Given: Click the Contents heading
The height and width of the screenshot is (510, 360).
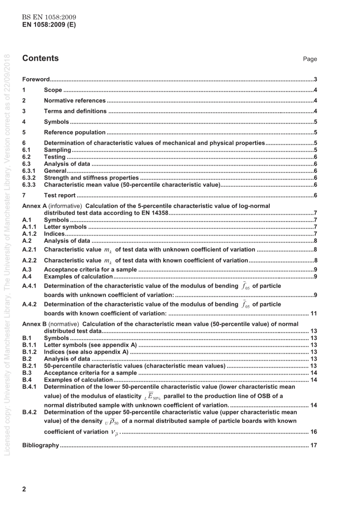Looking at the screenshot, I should (x=41, y=58).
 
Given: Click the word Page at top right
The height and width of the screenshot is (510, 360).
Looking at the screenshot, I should (x=310, y=59).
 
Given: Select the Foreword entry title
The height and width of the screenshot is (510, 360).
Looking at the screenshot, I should (x=36, y=79).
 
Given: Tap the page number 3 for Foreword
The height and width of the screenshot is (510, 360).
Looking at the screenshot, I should (x=315, y=79).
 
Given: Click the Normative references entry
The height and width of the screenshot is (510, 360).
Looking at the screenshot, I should (x=75, y=100).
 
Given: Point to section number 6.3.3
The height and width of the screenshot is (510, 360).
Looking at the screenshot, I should (x=29, y=185).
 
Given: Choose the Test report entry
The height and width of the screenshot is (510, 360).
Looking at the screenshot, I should (x=60, y=195).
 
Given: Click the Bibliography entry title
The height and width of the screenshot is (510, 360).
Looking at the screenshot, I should (x=41, y=445).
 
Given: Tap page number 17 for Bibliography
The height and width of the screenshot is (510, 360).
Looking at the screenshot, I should (x=313, y=445).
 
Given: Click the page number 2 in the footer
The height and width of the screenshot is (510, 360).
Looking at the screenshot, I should (x=24, y=489).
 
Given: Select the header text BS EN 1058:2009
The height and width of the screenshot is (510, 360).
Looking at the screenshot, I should (x=49, y=17).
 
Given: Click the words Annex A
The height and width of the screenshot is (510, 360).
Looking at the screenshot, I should (x=34, y=206).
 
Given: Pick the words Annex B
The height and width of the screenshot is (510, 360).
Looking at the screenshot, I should (x=34, y=324).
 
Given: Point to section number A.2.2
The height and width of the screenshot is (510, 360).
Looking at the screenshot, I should (x=29, y=260).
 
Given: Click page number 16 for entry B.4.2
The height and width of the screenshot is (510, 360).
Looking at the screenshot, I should (x=313, y=432).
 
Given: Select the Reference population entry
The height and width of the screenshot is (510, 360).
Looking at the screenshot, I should (x=75, y=132).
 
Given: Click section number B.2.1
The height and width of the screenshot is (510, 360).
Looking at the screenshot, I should (x=29, y=366).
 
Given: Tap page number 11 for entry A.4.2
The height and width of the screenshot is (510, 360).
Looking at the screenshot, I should (x=313, y=313).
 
